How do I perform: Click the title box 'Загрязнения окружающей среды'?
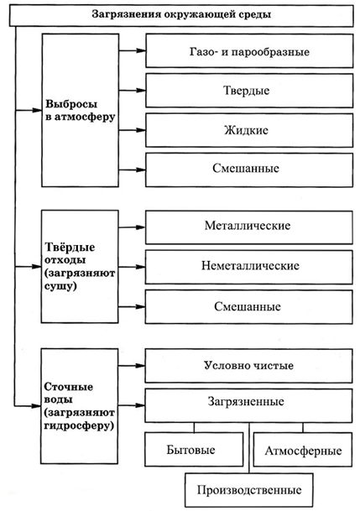pyautogui.click(x=181, y=15)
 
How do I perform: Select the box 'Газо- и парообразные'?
pyautogui.click(x=249, y=51)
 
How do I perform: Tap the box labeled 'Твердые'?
pyautogui.click(x=249, y=91)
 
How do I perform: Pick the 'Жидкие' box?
pyautogui.click(x=249, y=130)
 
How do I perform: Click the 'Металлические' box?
pyautogui.click(x=249, y=227)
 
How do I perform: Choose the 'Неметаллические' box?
pyautogui.click(x=249, y=267)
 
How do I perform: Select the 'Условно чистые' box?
pyautogui.click(x=248, y=366)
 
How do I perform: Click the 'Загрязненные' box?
pyautogui.click(x=248, y=405)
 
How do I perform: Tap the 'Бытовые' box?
pyautogui.click(x=194, y=450)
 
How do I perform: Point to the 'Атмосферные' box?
pyautogui.click(x=303, y=450)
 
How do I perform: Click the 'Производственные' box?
pyautogui.click(x=249, y=490)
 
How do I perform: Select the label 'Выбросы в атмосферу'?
pyautogui.click(x=81, y=110)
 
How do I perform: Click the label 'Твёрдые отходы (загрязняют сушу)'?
pyautogui.click(x=80, y=266)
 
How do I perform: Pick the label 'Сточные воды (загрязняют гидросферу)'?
pyautogui.click(x=79, y=406)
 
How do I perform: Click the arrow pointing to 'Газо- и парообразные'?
pyautogui.click(x=132, y=50)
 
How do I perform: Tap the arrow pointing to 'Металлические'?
pyautogui.click(x=132, y=227)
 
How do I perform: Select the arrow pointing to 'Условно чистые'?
pyautogui.click(x=131, y=366)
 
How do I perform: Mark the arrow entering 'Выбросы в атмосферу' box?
pyautogui.click(x=29, y=110)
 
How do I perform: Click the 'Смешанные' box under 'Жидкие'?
pyautogui.click(x=249, y=169)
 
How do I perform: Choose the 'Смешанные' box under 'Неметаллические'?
pyautogui.click(x=249, y=306)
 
